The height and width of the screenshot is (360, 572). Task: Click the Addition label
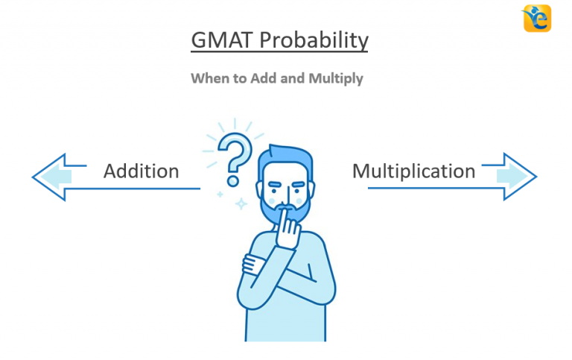[141, 171]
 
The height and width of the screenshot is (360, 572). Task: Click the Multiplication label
[413, 171]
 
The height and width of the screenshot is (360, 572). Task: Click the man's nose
[284, 191]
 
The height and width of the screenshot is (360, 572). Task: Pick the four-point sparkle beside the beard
[241, 203]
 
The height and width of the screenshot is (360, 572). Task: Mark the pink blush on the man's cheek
[299, 200]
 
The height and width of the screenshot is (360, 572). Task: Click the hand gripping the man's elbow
[253, 262]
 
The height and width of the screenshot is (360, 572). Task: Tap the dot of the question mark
[233, 180]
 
